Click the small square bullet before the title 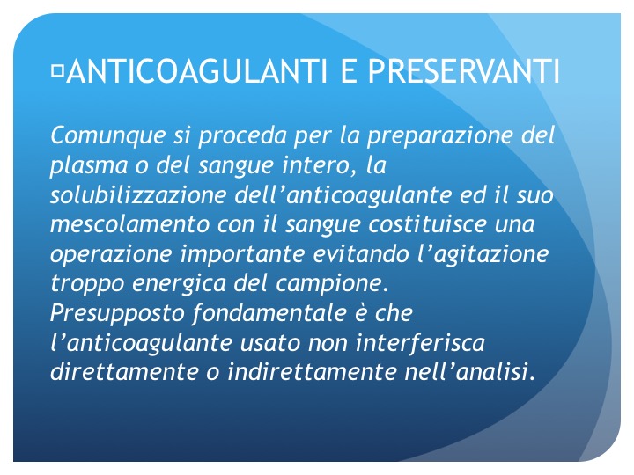click(58, 70)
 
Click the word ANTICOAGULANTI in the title click(196, 71)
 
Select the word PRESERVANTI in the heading click(463, 71)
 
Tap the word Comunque click(108, 136)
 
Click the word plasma click(89, 166)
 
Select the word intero click(319, 165)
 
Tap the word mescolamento click(129, 224)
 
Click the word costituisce click(427, 224)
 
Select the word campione click(328, 284)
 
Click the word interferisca click(420, 343)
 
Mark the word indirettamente click(312, 372)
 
